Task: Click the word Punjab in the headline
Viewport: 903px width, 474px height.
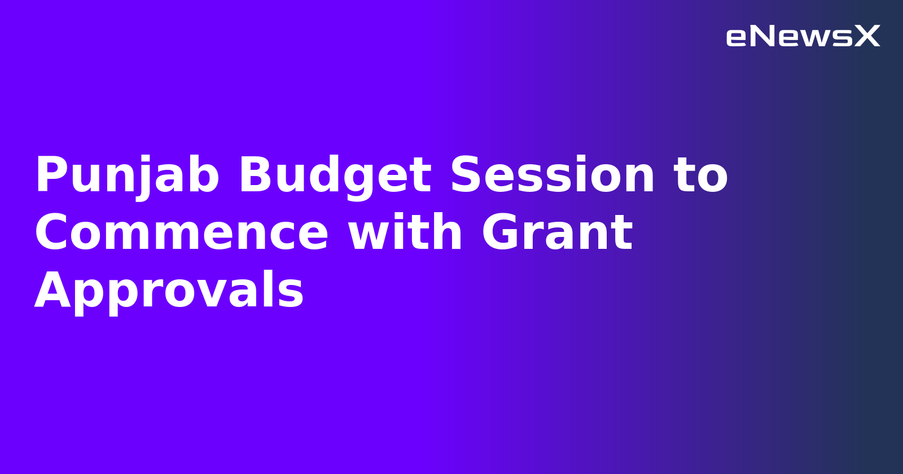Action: tap(127, 176)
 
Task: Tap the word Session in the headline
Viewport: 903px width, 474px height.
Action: tap(552, 176)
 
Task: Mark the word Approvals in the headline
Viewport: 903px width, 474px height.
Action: tap(169, 291)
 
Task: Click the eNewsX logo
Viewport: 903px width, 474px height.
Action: tap(803, 37)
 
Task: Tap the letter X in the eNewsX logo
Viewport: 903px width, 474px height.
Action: tap(866, 37)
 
